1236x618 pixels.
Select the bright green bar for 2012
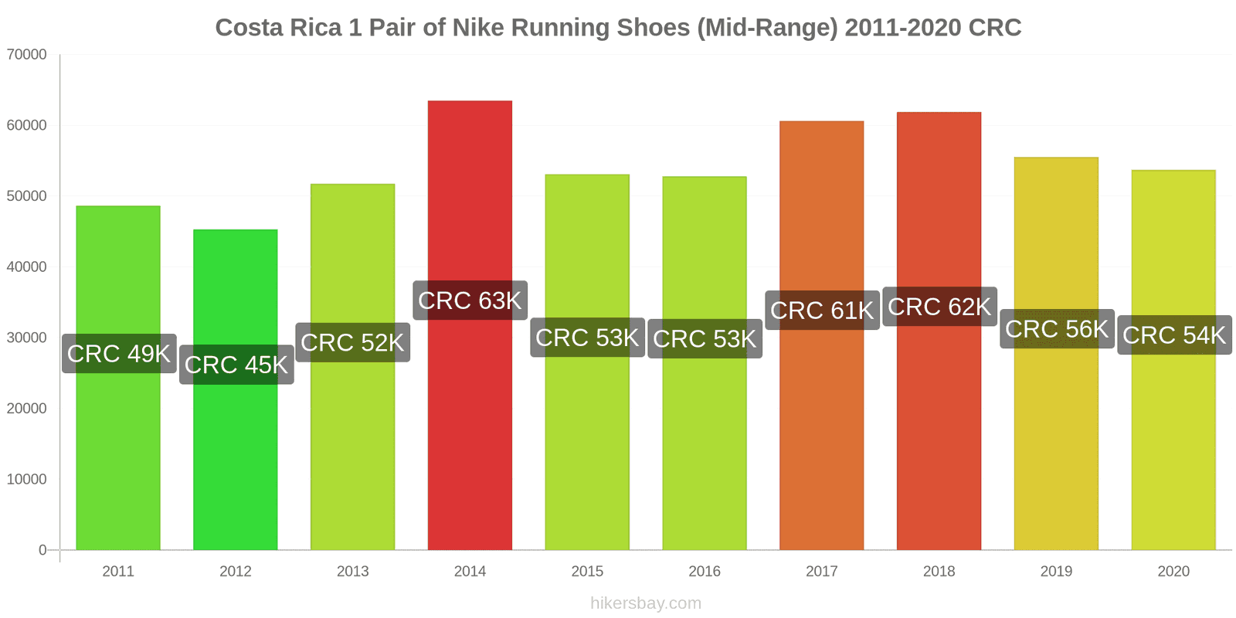(x=236, y=463)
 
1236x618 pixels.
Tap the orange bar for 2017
(x=821, y=433)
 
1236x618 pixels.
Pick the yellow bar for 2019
(x=1056, y=448)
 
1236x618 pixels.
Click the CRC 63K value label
(x=470, y=301)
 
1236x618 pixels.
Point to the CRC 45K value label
(x=236, y=365)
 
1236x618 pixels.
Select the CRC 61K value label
(x=822, y=311)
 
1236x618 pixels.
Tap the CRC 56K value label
(x=1057, y=329)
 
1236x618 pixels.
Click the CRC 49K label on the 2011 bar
(x=119, y=354)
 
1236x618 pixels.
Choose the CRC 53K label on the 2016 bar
(x=705, y=339)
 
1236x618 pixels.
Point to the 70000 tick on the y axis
(x=27, y=55)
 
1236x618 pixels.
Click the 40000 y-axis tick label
(x=27, y=267)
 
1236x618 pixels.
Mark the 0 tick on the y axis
(x=42, y=550)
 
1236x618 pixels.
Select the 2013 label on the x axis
(x=353, y=572)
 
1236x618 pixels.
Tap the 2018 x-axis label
(x=939, y=572)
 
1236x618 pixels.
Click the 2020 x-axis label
(x=1173, y=572)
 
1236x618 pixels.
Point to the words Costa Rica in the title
(x=278, y=28)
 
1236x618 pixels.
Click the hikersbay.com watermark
(x=646, y=603)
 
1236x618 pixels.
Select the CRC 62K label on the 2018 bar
(x=939, y=307)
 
